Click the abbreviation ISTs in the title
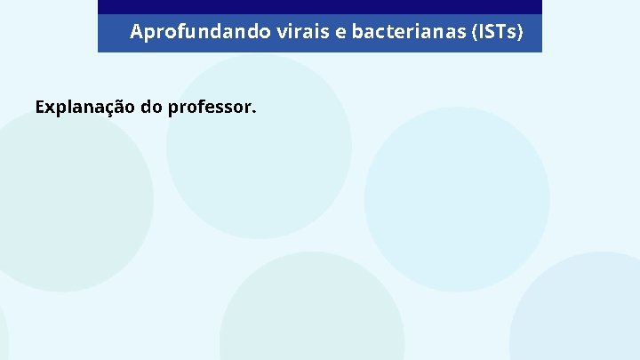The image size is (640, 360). click(499, 33)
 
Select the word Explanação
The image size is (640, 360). click(84, 108)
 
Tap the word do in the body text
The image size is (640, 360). click(151, 108)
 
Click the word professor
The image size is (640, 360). click(208, 108)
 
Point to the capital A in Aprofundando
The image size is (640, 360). click(136, 33)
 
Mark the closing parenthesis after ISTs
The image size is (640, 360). click(519, 33)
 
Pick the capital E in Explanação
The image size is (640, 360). click(40, 108)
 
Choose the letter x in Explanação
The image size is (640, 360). click(50, 109)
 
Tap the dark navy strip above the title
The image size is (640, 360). click(319, 6)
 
